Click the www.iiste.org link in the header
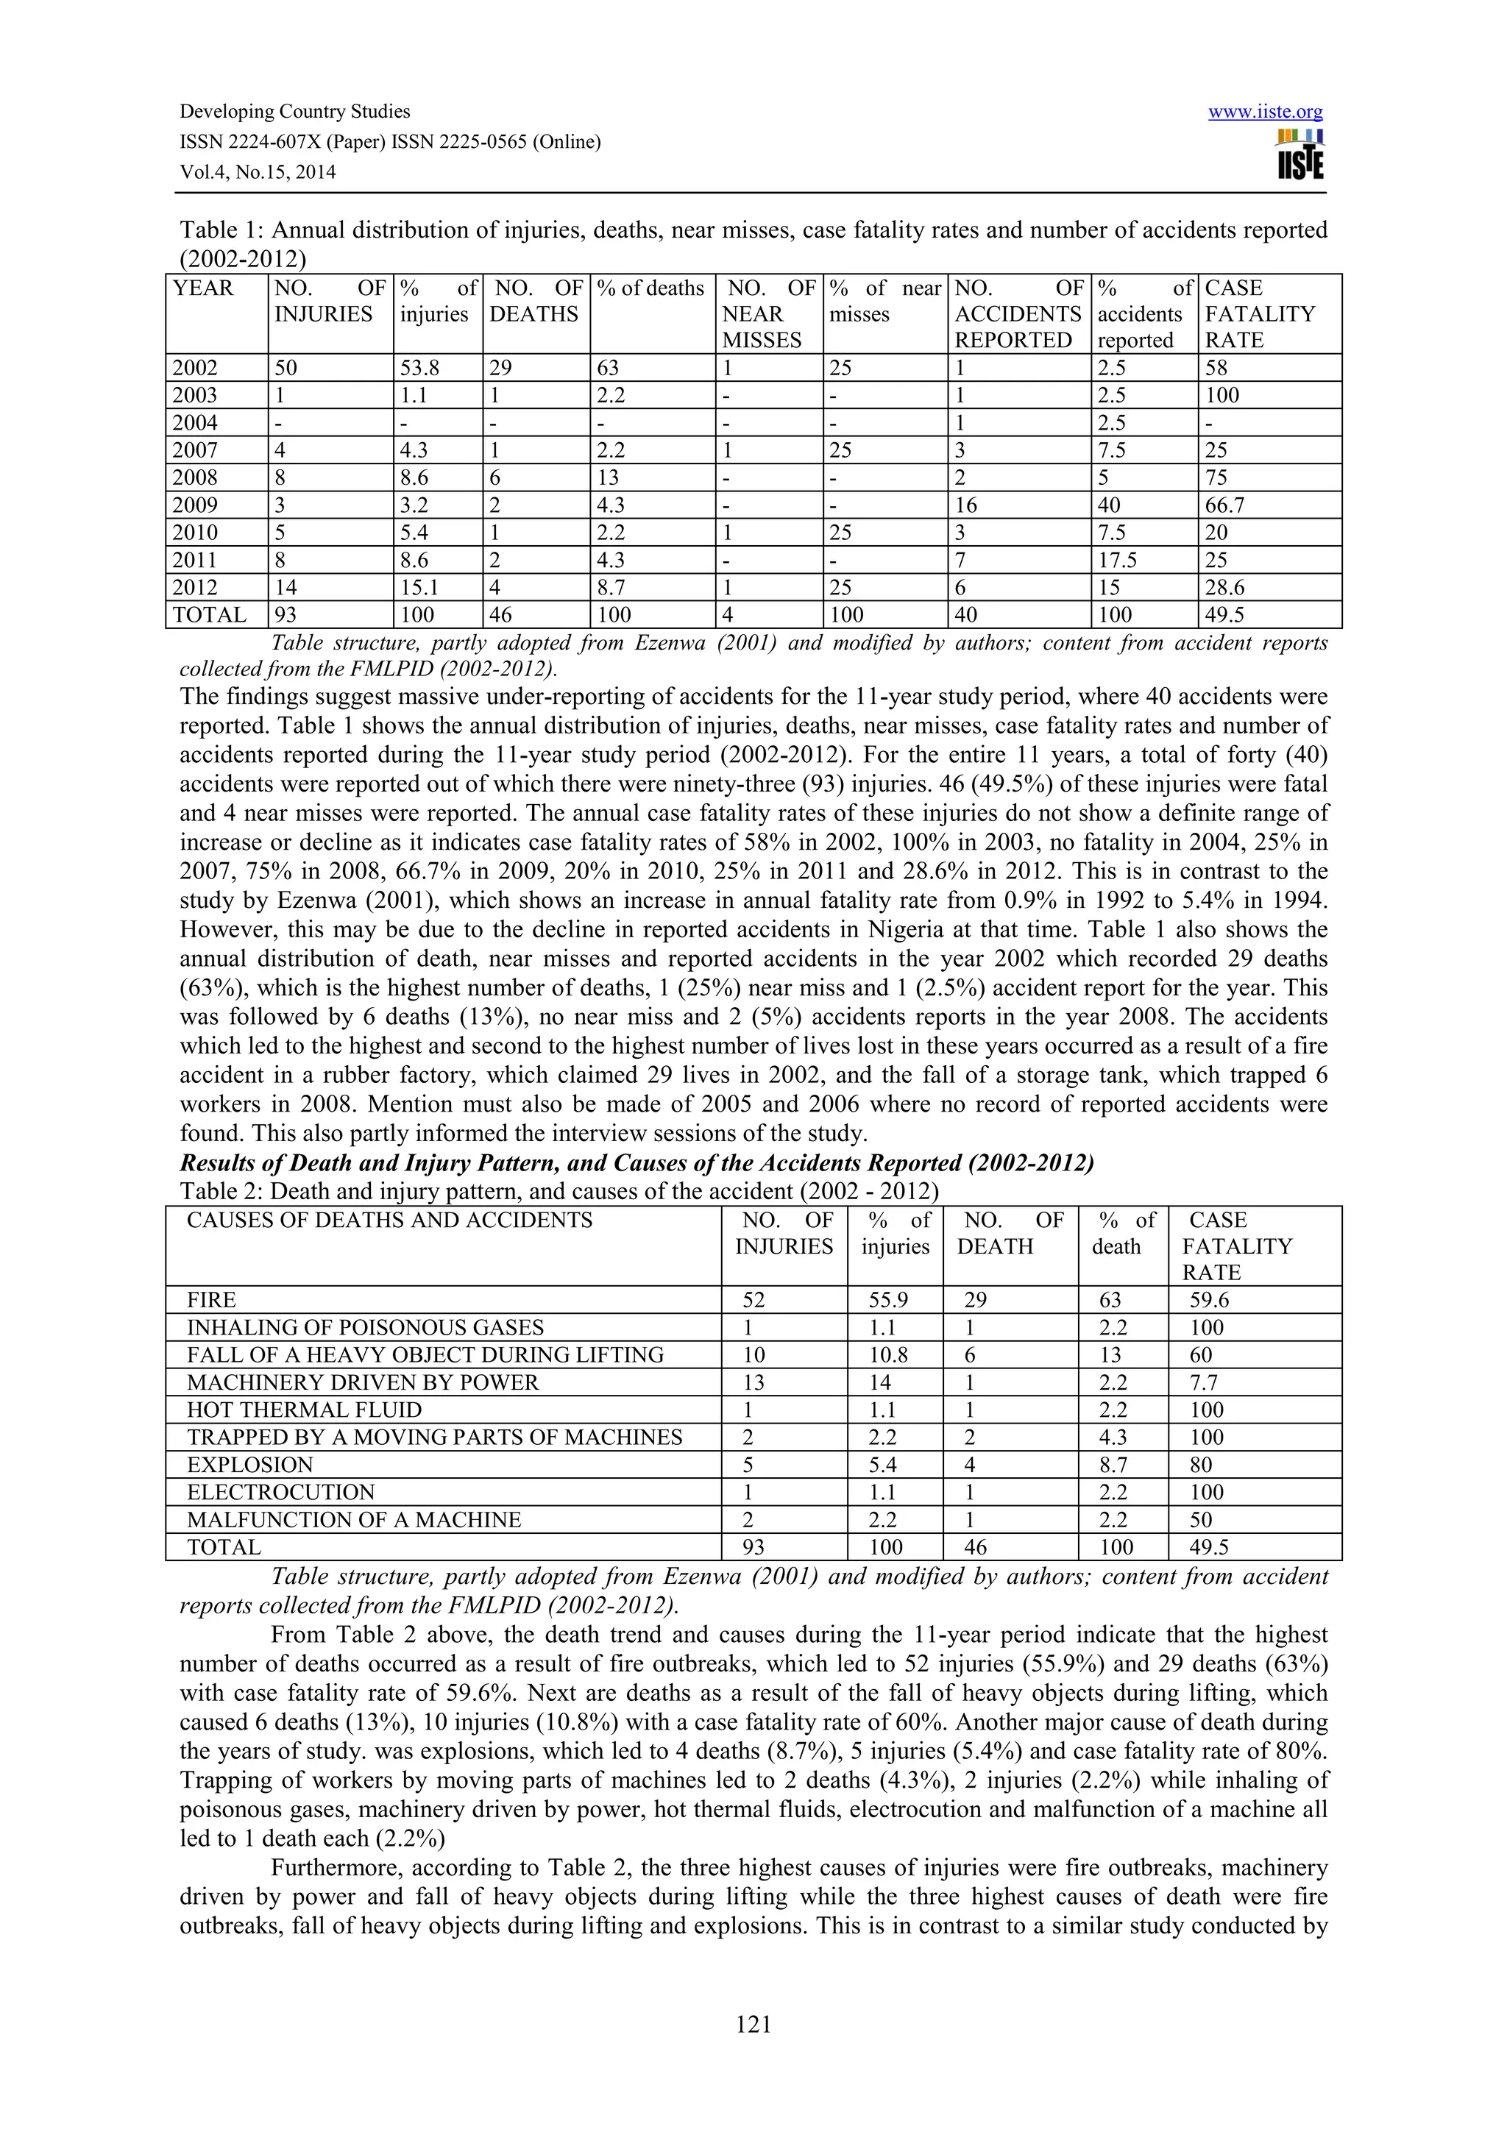1265,113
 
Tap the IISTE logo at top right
1300,155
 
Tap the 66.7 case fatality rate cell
1224,505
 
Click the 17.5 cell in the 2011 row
1117,560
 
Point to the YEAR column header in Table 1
203,289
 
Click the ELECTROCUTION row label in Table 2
280,1492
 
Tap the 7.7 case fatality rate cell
1203,1382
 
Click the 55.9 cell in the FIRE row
890,1300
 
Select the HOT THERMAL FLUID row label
304,1410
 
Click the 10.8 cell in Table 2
890,1355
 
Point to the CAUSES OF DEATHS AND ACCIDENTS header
389,1220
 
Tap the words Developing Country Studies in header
294,113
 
